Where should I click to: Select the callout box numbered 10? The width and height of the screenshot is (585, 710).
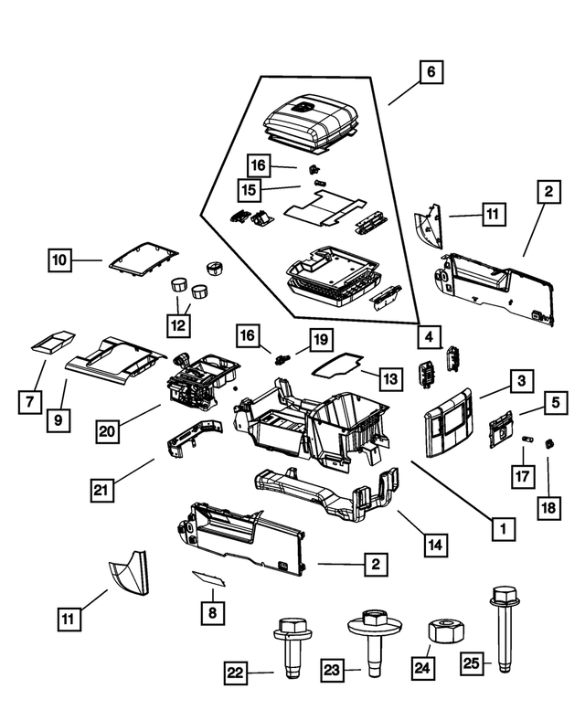pyautogui.click(x=60, y=260)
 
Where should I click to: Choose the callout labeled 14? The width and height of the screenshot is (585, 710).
pyautogui.click(x=437, y=545)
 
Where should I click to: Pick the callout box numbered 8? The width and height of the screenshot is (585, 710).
pyautogui.click(x=211, y=611)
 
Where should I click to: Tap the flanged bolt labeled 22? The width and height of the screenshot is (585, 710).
pyautogui.click(x=288, y=643)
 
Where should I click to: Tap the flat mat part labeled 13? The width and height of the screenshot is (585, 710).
pyautogui.click(x=336, y=365)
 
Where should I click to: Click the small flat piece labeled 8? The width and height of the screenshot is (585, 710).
pyautogui.click(x=209, y=578)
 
